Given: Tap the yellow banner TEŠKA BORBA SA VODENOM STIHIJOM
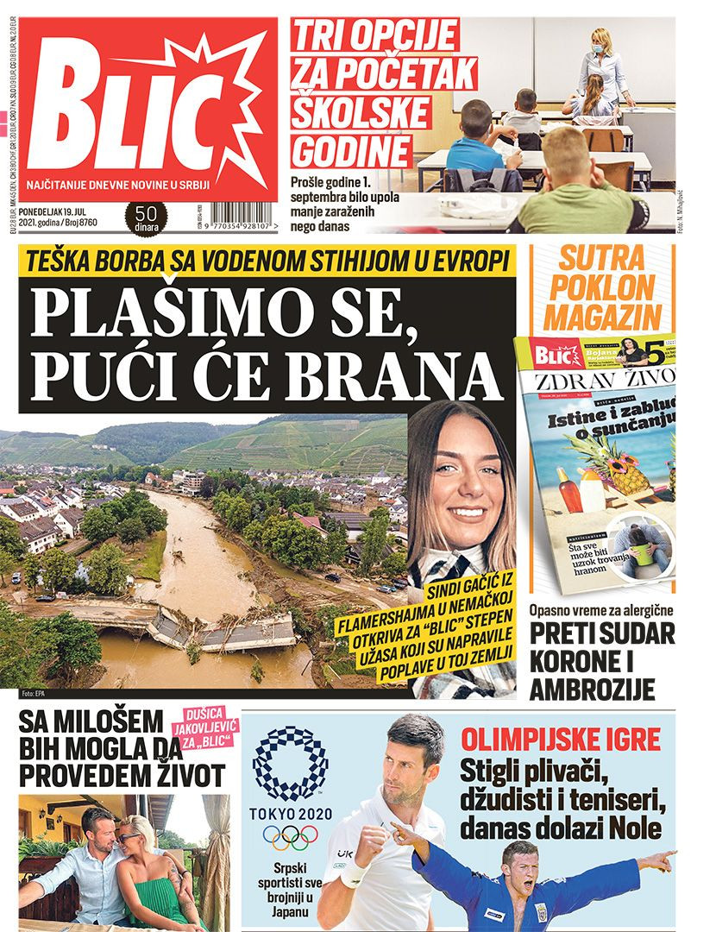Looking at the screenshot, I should (267, 260).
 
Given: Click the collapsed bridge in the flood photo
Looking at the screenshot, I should (207, 627).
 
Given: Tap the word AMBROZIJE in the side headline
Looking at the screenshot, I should (592, 690).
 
